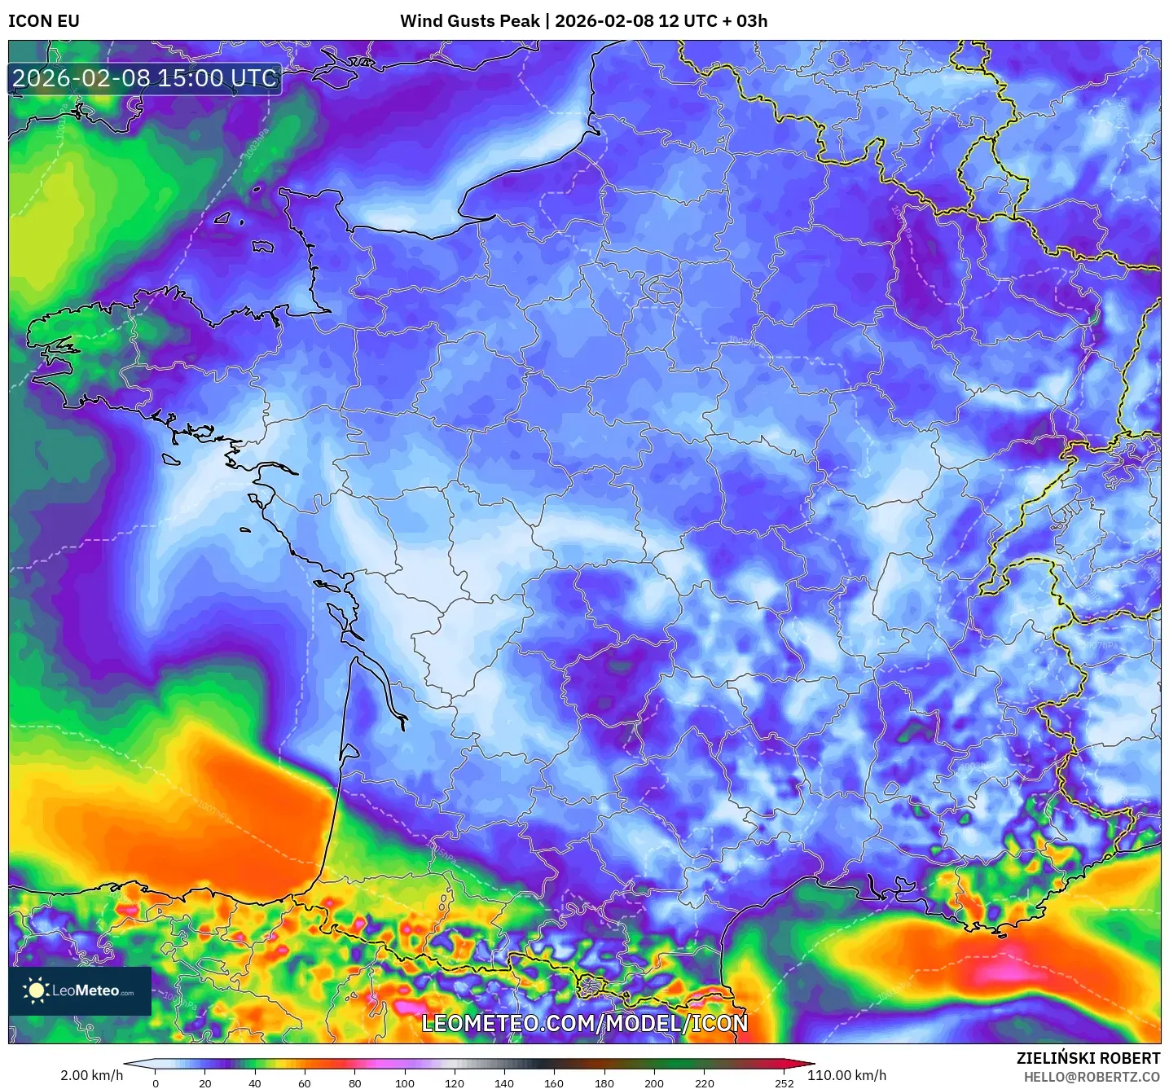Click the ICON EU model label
(x=44, y=21)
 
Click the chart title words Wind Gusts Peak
(x=469, y=21)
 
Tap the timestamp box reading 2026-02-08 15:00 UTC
(x=145, y=79)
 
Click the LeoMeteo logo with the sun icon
(x=79, y=990)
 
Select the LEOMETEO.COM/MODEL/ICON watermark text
(x=584, y=1023)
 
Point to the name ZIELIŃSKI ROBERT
(x=1088, y=1058)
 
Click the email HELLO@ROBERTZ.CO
(x=1092, y=1077)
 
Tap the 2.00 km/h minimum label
(x=91, y=1075)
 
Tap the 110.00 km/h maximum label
(x=846, y=1075)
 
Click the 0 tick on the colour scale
(x=156, y=1083)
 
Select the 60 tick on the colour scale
(x=305, y=1083)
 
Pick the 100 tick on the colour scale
(x=405, y=1083)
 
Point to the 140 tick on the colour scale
(x=504, y=1083)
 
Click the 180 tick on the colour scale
(x=604, y=1083)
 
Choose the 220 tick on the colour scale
(x=704, y=1083)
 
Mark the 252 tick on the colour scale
(x=784, y=1083)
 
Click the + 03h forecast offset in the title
(x=744, y=21)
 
